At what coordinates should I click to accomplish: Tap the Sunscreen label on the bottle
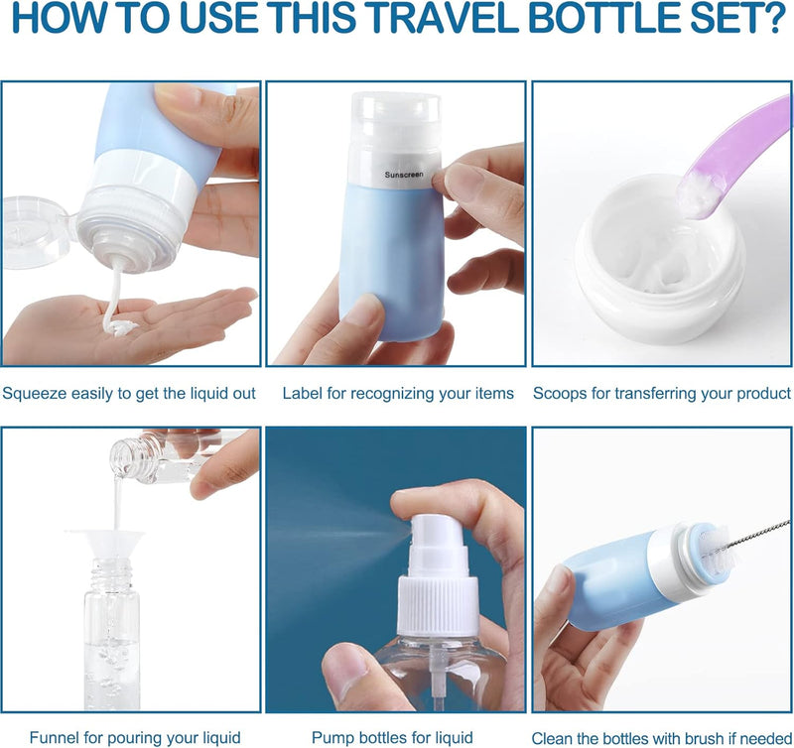[x=404, y=175]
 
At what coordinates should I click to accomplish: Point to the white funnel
[x=105, y=544]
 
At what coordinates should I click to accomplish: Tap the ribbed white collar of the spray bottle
[x=438, y=605]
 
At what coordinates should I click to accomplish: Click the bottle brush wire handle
[x=758, y=534]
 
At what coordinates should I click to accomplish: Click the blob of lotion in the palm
[x=118, y=327]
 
